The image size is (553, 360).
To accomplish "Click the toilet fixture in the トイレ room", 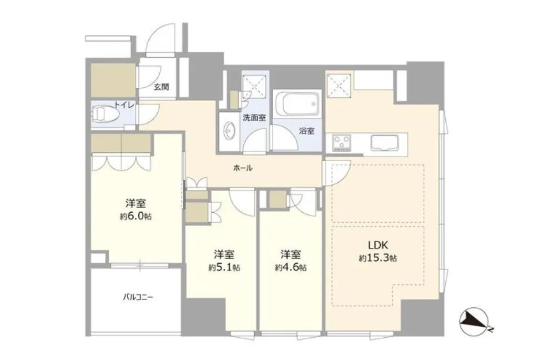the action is click(104, 114).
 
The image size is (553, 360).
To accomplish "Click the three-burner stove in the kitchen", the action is click(341, 143).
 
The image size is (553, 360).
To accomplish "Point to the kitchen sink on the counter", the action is click(384, 142).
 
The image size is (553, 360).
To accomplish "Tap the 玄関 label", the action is click(161, 87).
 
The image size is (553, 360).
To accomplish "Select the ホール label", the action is click(243, 168).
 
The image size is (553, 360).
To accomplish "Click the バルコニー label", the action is click(138, 297).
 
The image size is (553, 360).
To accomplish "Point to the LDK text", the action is click(378, 244).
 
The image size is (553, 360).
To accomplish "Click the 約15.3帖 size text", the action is click(378, 258).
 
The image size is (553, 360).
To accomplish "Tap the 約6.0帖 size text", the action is click(136, 216).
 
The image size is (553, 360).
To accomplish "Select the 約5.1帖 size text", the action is click(224, 268).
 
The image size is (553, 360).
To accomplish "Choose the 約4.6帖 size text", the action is click(291, 268).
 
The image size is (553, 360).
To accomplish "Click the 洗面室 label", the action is click(254, 118).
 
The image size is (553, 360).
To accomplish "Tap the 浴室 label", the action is click(306, 131).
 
